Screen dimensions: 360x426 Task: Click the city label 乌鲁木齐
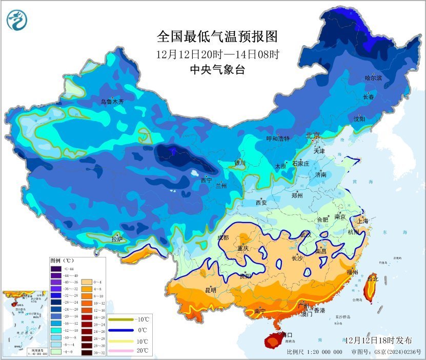(x=112, y=102)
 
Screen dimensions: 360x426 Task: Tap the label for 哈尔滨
(x=373, y=78)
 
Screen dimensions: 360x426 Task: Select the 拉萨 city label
(x=117, y=239)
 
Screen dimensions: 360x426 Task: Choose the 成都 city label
(x=223, y=237)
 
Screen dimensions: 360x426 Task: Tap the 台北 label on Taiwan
(x=372, y=279)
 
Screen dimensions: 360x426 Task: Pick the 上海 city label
(x=362, y=221)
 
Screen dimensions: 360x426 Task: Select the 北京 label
(x=313, y=135)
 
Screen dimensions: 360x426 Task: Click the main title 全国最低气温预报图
(x=217, y=36)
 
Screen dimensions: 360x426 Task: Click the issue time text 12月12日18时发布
(x=378, y=340)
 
